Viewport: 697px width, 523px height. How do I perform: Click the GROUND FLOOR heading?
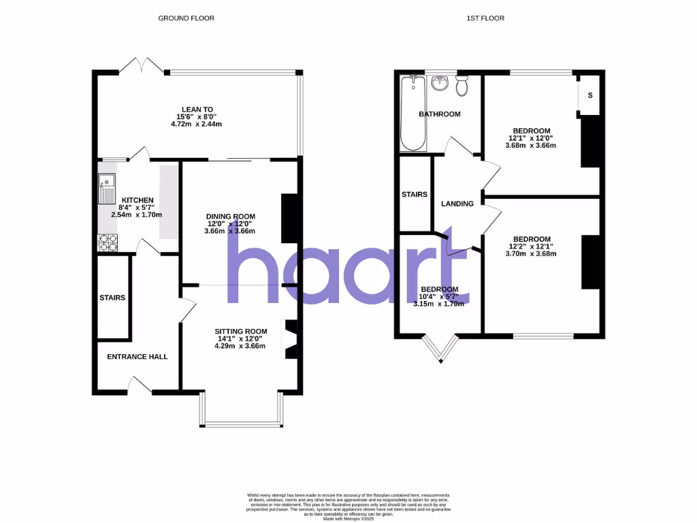[186, 18]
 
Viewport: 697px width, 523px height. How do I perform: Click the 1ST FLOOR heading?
[485, 18]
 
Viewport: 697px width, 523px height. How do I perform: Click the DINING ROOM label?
[231, 217]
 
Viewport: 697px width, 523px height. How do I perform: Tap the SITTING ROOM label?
[239, 331]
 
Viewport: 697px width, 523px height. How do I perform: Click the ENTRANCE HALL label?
[137, 356]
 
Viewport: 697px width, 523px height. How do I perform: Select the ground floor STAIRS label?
[112, 298]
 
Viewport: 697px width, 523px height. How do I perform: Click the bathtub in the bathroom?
[410, 113]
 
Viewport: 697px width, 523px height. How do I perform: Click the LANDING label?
[457, 204]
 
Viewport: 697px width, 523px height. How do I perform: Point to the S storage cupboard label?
[589, 95]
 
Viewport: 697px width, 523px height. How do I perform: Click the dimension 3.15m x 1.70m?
[438, 304]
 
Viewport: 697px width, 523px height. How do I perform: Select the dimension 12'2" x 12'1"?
[532, 247]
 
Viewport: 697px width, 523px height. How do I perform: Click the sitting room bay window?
[242, 424]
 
